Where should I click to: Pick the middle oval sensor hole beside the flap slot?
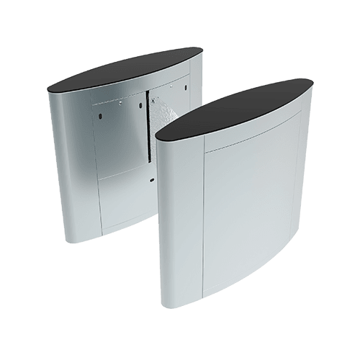tap(140, 105)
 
